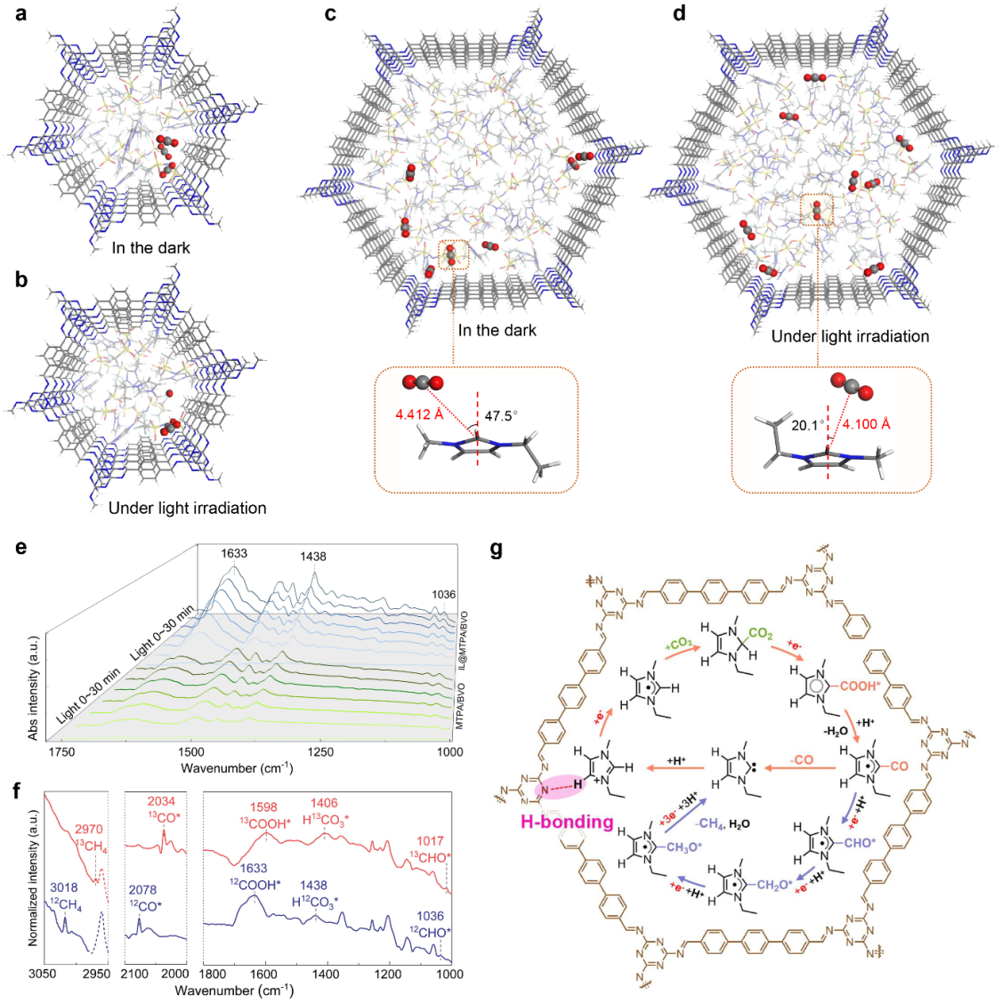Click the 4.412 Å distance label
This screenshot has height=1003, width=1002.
point(420,414)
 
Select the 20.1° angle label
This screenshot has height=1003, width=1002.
point(808,425)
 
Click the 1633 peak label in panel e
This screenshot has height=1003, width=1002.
point(234,553)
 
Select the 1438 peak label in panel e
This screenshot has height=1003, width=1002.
point(313,557)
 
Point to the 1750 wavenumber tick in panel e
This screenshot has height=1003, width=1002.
point(61,752)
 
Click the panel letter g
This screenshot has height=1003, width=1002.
point(497,550)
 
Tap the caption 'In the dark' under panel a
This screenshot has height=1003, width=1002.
point(150,248)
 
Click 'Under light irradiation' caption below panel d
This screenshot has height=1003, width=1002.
point(850,336)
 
